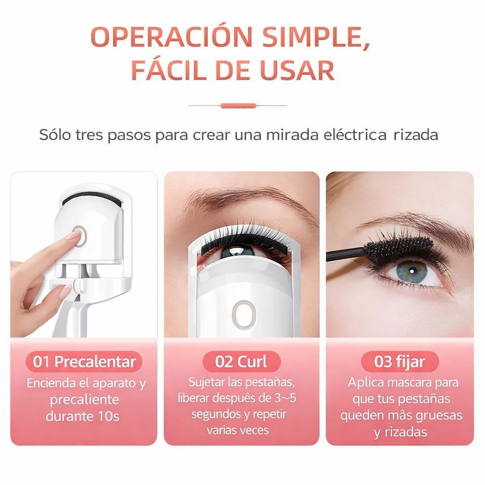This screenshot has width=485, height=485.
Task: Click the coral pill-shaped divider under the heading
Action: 238,106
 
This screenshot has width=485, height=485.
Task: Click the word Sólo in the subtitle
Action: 55,135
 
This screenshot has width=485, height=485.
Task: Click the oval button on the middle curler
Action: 244,315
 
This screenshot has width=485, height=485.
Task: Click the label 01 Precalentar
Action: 84,362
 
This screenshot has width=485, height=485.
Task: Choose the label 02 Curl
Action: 241,361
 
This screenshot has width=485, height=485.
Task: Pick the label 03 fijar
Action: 400,362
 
